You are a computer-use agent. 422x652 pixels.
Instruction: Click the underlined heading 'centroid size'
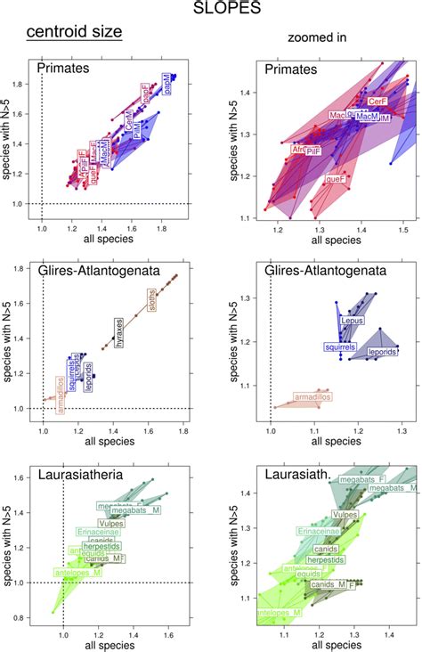[74, 34]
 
